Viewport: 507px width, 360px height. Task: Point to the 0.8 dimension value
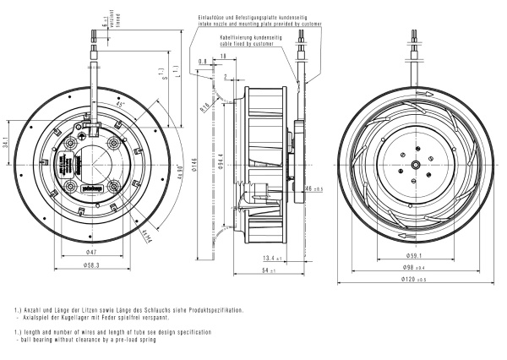pyautogui.click(x=203, y=62)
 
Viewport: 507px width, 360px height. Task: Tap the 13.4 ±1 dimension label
pyautogui.click(x=272, y=257)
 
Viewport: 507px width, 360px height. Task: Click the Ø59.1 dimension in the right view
pyautogui.click(x=415, y=254)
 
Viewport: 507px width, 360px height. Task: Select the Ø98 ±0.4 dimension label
pyautogui.click(x=415, y=266)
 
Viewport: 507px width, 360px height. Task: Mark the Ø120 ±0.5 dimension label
pyautogui.click(x=415, y=280)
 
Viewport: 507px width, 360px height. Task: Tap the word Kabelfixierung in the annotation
pyautogui.click(x=238, y=38)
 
